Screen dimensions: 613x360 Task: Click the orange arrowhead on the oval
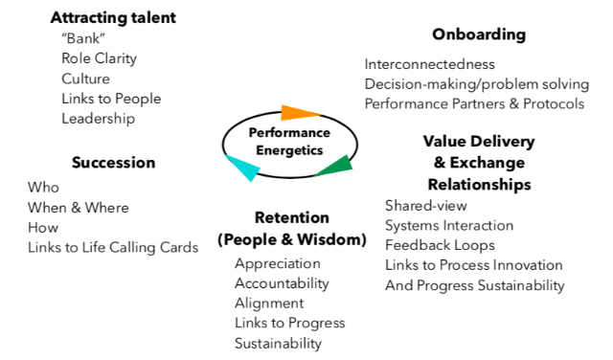[x=296, y=113]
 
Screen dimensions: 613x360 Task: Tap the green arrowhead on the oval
[x=337, y=167]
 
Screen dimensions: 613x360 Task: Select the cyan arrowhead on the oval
[x=243, y=168]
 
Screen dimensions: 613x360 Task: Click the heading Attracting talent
[x=113, y=17]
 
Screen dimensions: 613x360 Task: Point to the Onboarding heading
[x=479, y=34]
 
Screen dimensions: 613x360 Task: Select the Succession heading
[x=113, y=163]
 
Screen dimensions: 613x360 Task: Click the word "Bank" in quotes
[x=83, y=38]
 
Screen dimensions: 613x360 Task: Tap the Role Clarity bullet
[x=100, y=58]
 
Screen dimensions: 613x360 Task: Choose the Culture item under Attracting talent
[x=85, y=79]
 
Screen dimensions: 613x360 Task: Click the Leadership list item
[x=98, y=119]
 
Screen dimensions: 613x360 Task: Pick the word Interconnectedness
[x=430, y=64]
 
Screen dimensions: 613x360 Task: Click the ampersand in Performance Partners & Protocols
[x=514, y=104]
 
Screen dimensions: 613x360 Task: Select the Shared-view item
[x=426, y=206]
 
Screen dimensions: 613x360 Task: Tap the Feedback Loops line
[x=440, y=245]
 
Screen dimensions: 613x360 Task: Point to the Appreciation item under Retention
[x=278, y=264]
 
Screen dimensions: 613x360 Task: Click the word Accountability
[x=282, y=283]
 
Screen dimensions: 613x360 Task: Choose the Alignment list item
[x=269, y=304]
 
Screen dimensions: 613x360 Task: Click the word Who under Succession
[x=43, y=188]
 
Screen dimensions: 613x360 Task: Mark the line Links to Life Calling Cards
[x=113, y=247]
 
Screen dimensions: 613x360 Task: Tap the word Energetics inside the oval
[x=289, y=150]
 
